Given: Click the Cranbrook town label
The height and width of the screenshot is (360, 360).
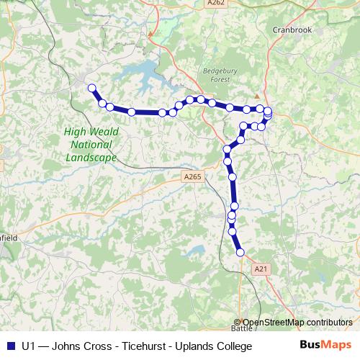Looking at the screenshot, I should pyautogui.click(x=290, y=30).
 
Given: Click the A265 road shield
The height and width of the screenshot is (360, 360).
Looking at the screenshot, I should pyautogui.click(x=192, y=176).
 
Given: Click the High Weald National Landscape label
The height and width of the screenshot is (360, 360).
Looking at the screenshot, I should pyautogui.click(x=91, y=144).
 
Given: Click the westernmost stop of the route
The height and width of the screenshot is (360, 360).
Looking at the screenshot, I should pyautogui.click(x=91, y=89).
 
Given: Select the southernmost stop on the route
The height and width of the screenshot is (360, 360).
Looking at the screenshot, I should pyautogui.click(x=240, y=252).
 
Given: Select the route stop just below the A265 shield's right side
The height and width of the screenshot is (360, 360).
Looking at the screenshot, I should pyautogui.click(x=232, y=176).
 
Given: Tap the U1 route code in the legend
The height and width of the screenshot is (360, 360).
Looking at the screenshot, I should pyautogui.click(x=29, y=347).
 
